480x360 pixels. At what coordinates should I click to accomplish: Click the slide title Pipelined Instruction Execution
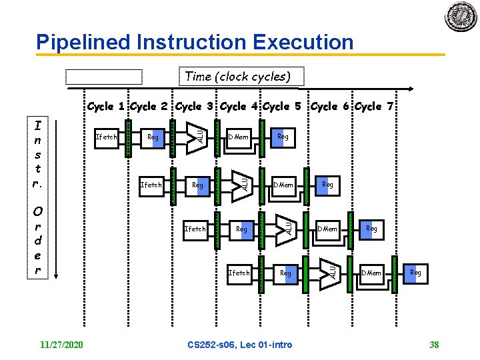(x=195, y=42)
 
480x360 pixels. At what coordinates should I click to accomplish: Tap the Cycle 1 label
(x=107, y=106)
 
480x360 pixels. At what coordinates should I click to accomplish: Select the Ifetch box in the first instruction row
(x=107, y=137)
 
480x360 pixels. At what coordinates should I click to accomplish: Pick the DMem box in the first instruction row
(x=238, y=137)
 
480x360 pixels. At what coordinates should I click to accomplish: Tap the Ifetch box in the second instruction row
(x=151, y=185)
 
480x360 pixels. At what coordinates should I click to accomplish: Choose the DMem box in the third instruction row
(x=327, y=229)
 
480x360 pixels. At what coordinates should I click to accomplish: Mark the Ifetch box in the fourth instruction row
(x=239, y=273)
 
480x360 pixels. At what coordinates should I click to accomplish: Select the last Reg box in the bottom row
(x=415, y=273)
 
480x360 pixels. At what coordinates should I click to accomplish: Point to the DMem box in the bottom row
(x=371, y=273)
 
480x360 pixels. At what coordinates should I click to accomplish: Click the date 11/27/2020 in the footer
(x=61, y=344)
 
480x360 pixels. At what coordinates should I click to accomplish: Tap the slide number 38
(x=434, y=344)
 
